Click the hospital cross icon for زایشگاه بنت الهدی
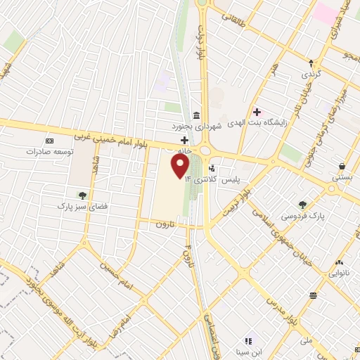257,111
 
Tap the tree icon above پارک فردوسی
302,205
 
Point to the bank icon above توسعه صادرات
49,141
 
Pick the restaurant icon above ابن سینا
247,341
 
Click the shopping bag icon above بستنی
342,166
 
